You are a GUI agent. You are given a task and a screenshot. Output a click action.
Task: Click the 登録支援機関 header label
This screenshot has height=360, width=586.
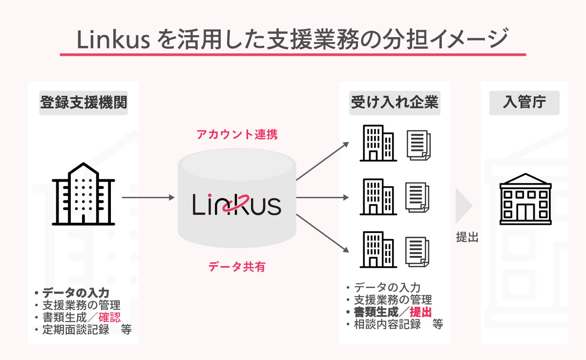pos(84,103)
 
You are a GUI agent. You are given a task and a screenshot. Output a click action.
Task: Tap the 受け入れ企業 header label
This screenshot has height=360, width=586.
pos(395,103)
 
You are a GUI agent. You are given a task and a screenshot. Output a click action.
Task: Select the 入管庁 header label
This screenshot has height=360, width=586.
pos(524,103)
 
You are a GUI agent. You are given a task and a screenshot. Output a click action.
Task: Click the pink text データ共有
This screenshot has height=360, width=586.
pos(237,267)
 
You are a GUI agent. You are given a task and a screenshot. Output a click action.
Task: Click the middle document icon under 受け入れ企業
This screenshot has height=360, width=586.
pos(418,196)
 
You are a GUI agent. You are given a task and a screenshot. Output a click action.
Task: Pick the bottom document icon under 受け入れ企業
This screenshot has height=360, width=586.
pos(418,250)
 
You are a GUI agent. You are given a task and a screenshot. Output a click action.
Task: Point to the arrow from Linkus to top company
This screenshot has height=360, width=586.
pos(322,161)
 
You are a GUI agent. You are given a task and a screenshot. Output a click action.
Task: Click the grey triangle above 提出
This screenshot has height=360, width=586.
pos(463,205)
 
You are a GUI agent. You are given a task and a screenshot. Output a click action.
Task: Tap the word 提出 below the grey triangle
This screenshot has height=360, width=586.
pos(467,238)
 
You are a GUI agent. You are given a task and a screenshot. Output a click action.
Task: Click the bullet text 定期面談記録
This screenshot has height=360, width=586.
pos(76,329)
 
